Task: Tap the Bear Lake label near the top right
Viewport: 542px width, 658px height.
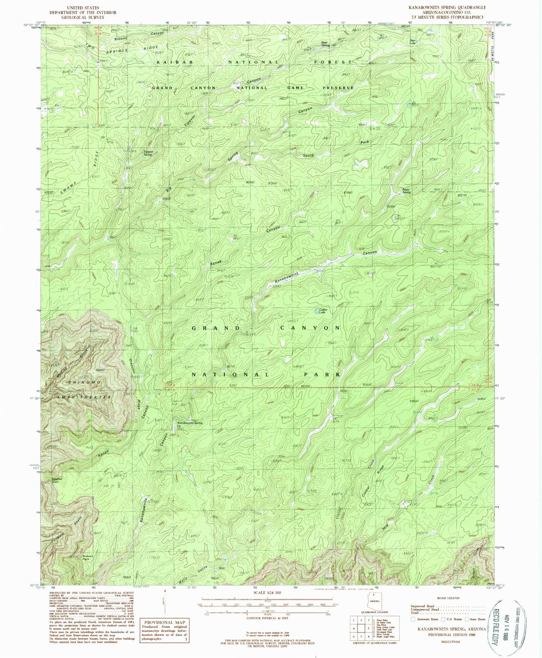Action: pyautogui.click(x=413, y=40)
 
